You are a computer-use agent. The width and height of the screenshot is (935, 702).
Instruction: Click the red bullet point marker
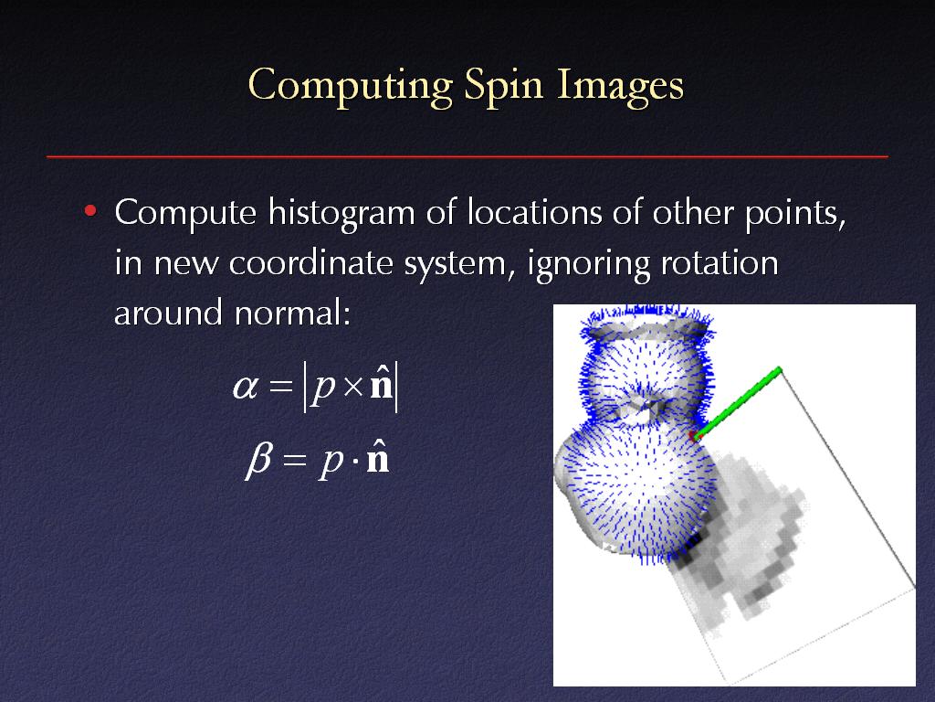click(x=90, y=211)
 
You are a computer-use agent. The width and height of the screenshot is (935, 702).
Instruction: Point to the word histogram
click(x=341, y=213)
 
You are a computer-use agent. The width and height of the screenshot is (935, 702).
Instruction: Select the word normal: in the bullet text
click(x=291, y=313)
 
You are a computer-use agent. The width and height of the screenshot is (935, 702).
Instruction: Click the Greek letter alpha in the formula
click(x=246, y=388)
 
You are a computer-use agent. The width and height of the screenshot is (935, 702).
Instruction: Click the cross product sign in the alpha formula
click(x=353, y=388)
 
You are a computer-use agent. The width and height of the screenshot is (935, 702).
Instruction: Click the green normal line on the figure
click(x=738, y=403)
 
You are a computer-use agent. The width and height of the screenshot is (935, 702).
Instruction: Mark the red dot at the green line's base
click(x=694, y=436)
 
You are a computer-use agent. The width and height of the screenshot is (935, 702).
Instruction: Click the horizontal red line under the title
click(x=467, y=156)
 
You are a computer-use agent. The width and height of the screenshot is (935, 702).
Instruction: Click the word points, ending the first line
click(x=795, y=214)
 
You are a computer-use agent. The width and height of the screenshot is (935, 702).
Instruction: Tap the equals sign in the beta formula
click(x=295, y=460)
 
